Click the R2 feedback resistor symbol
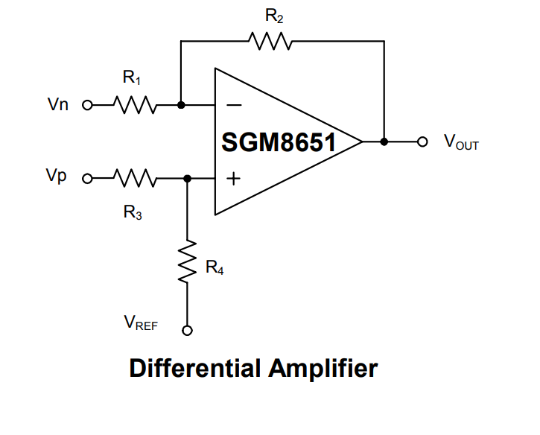[x=273, y=42]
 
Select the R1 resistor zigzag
[x=134, y=105]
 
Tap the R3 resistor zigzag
[x=134, y=178]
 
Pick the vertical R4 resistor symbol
[x=187, y=261]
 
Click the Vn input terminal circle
[x=86, y=105]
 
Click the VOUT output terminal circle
[x=423, y=142]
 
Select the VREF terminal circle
[x=187, y=331]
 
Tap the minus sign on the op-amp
[x=233, y=106]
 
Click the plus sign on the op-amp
[x=233, y=179]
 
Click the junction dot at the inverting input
[x=180, y=105]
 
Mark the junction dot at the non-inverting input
[x=187, y=178]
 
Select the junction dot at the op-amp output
[x=384, y=142]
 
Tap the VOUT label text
[x=461, y=142]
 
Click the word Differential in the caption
[x=195, y=369]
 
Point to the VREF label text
[x=141, y=322]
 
